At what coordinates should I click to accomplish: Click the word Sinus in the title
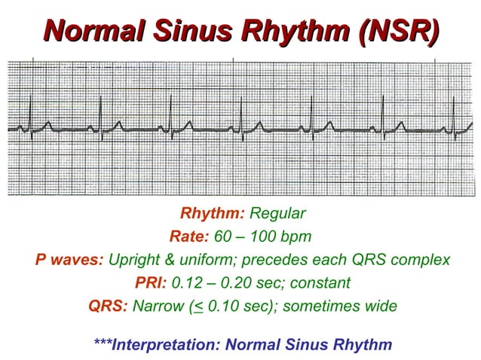(x=191, y=32)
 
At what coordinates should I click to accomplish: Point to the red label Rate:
(x=189, y=236)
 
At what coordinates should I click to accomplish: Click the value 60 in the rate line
(x=223, y=236)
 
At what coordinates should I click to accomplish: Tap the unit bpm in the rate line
(x=294, y=236)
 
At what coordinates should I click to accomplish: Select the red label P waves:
(x=69, y=260)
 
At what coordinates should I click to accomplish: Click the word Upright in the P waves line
(x=135, y=260)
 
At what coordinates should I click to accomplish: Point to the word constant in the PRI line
(x=322, y=283)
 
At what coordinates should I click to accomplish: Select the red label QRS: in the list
(x=108, y=307)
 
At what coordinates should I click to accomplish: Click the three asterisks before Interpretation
(x=103, y=345)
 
